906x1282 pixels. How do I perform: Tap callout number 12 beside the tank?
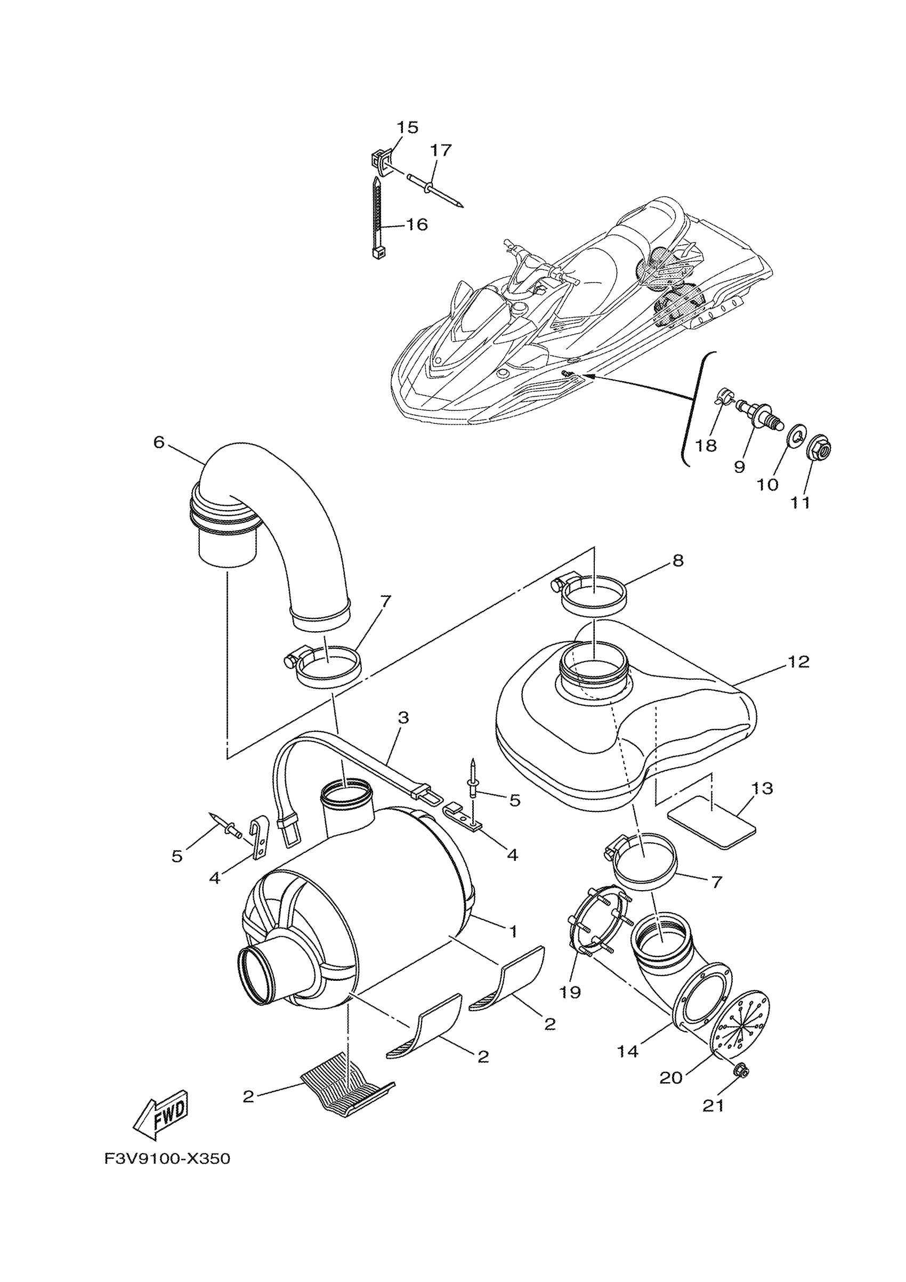tap(798, 662)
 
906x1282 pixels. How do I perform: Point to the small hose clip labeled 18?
tap(722, 399)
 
